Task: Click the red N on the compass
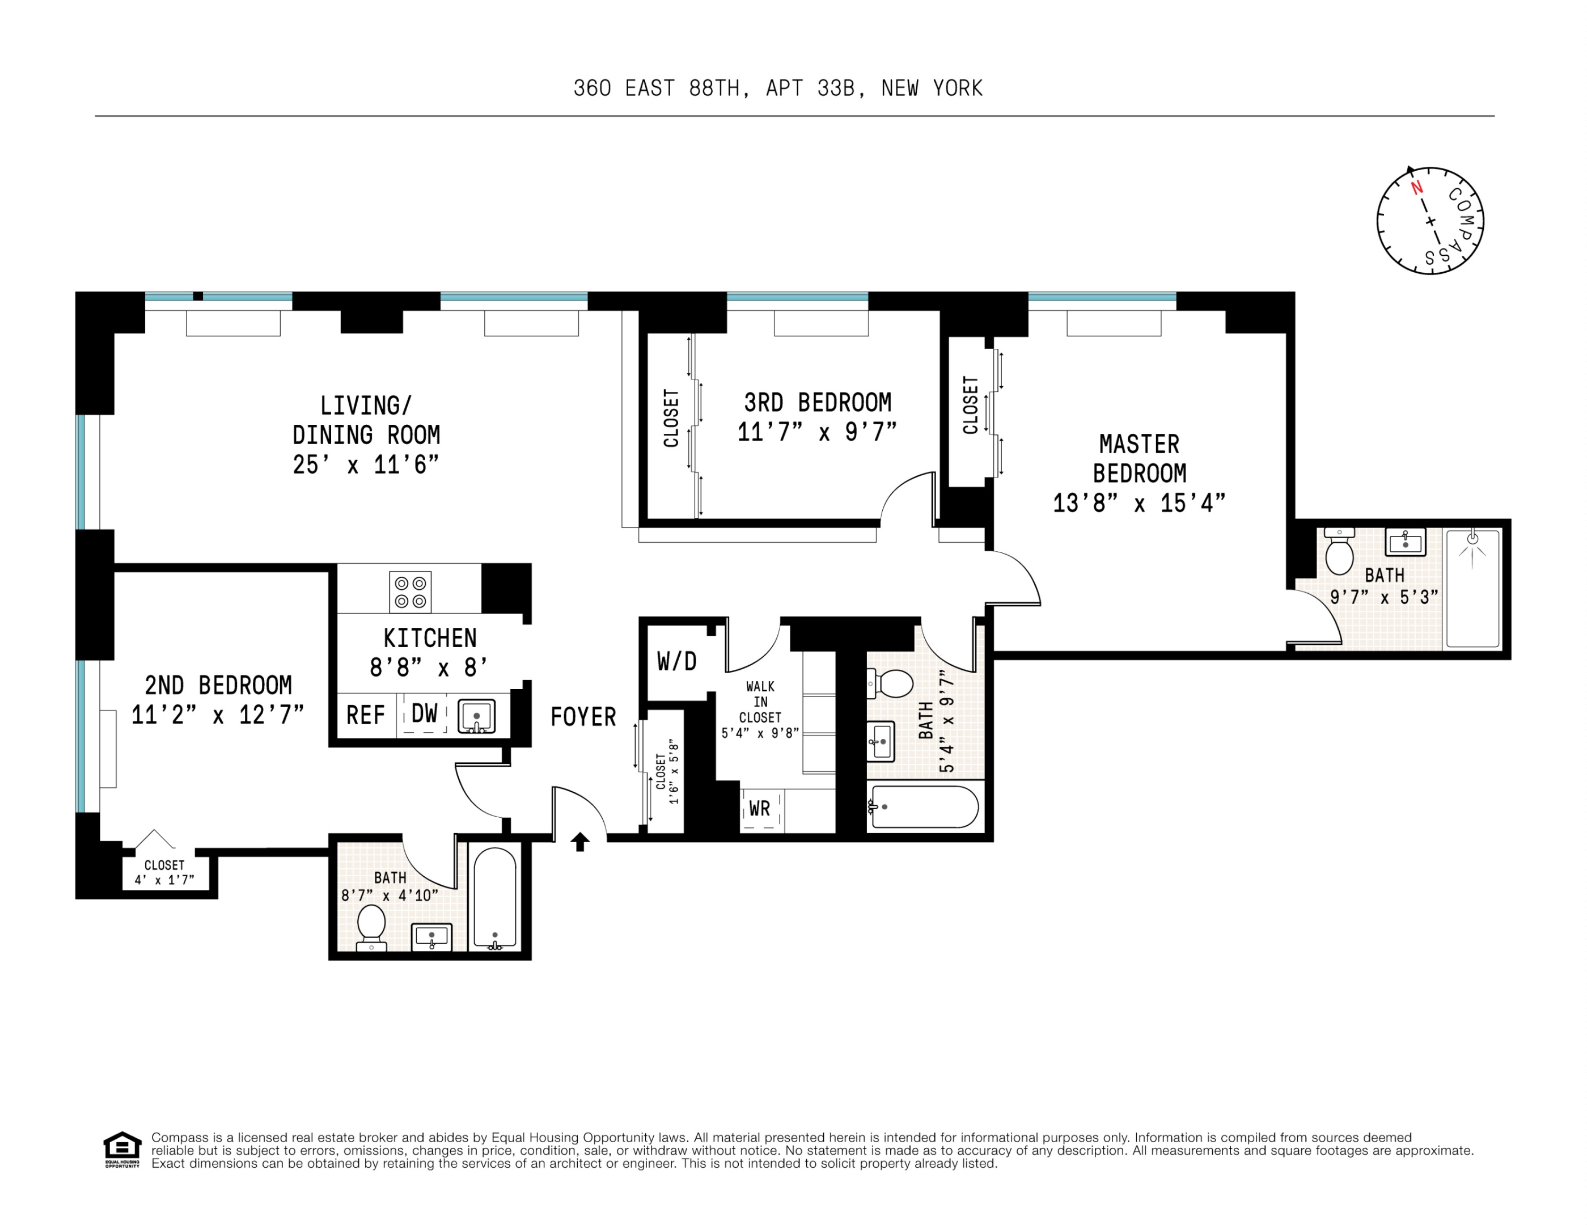pos(1416,188)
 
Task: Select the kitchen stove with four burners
pos(410,592)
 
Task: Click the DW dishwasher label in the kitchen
pos(424,713)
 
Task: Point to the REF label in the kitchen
pos(365,715)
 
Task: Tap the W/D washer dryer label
pos(676,661)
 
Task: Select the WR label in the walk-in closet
pos(759,808)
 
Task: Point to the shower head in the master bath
pos(1472,539)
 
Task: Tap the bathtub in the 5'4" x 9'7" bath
pos(924,806)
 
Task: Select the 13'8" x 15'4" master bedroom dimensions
pos(1139,503)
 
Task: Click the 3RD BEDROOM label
pos(818,402)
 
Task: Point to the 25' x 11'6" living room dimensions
pos(366,464)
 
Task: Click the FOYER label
pos(583,717)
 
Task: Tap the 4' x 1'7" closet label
pos(164,880)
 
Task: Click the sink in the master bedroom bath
pos(1406,542)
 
